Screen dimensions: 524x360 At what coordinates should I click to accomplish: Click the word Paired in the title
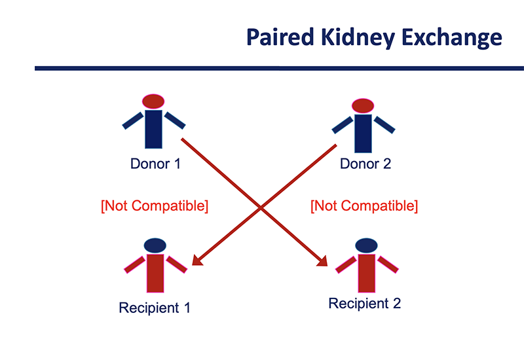[x=280, y=37]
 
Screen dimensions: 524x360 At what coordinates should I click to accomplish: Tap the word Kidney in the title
[x=358, y=38]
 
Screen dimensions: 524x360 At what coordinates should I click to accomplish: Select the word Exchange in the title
[x=452, y=38]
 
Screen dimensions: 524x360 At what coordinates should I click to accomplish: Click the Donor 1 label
[x=155, y=164]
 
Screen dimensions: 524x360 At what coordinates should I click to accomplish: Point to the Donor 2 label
[x=365, y=164]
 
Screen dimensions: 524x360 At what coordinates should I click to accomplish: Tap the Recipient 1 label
[x=155, y=308]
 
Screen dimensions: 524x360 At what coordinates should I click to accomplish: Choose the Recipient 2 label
[x=365, y=303]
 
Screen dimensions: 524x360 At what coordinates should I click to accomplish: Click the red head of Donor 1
[x=153, y=101]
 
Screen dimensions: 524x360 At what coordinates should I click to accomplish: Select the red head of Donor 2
[x=363, y=106]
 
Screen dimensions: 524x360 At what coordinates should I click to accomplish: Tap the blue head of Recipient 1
[x=155, y=245]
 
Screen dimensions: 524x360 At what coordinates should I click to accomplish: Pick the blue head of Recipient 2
[x=367, y=245]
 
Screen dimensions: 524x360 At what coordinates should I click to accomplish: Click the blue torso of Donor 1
[x=153, y=129]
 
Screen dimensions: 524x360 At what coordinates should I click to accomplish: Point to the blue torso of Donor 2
[x=364, y=134]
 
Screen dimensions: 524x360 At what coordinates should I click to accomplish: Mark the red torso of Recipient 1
[x=155, y=274]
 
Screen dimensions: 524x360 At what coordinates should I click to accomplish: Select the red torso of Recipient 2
[x=367, y=274]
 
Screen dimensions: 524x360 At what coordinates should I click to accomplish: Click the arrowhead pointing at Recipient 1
[x=197, y=261]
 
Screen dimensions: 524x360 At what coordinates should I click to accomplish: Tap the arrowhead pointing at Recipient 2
[x=323, y=261]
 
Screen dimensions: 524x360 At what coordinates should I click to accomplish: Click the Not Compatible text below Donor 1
[x=155, y=206]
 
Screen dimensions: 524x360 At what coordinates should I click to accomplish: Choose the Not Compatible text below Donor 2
[x=364, y=206]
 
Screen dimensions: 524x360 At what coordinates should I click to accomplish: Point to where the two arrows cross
[x=261, y=207]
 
